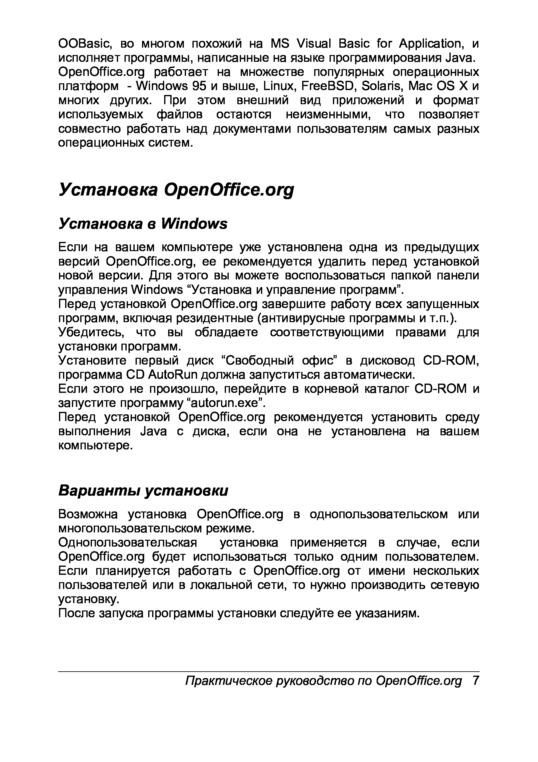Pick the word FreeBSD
[328, 86]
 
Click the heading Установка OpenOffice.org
[176, 190]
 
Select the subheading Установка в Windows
[143, 224]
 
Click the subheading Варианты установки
[143, 491]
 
